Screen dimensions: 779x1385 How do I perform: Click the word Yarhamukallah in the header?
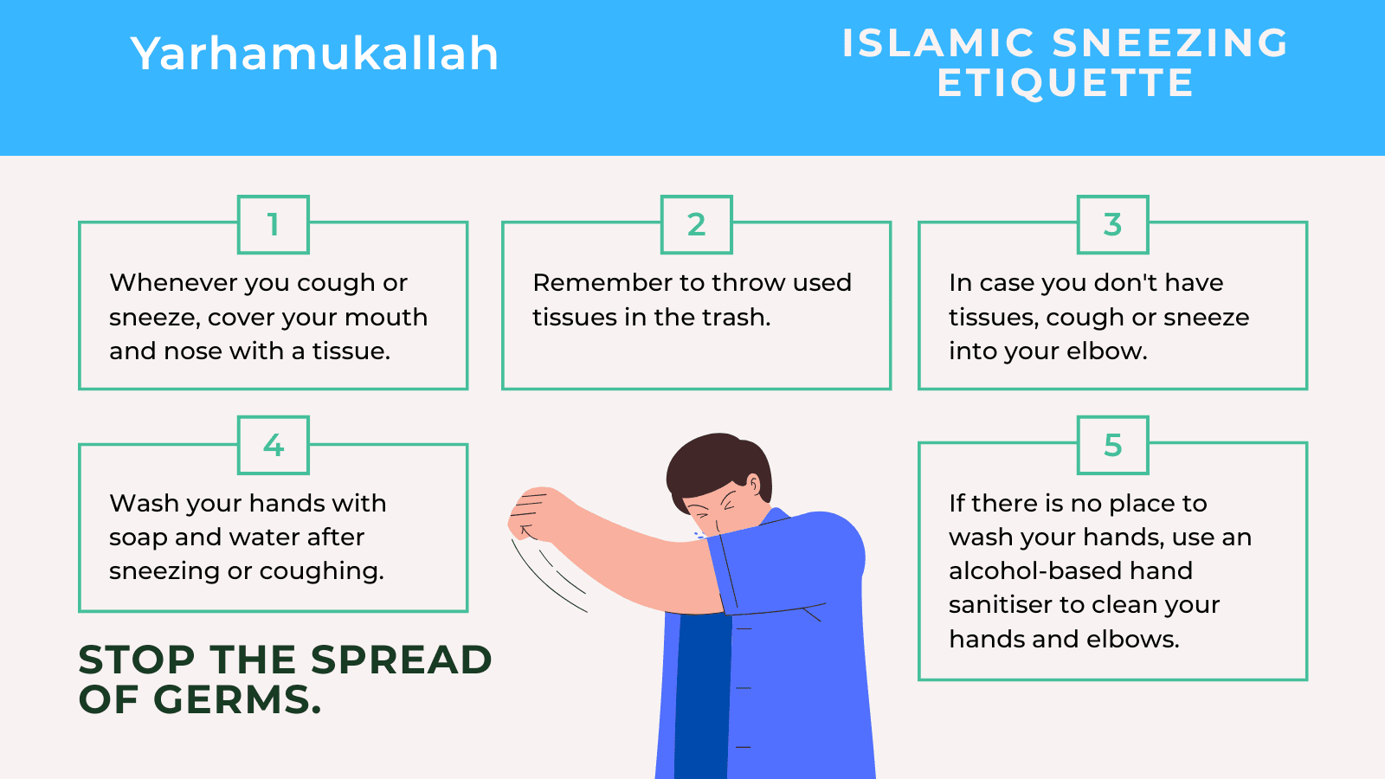(314, 54)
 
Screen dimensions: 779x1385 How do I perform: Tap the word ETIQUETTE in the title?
(1065, 84)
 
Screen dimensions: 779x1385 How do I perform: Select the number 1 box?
(274, 225)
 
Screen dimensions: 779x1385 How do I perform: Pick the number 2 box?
(697, 225)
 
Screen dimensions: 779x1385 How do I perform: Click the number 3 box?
(1112, 225)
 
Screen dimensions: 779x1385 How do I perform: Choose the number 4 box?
(274, 446)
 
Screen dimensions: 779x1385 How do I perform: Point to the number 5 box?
(1112, 446)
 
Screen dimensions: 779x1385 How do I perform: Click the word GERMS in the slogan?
(237, 700)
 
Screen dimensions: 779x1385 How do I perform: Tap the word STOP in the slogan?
(137, 660)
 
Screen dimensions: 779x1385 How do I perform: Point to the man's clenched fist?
(530, 511)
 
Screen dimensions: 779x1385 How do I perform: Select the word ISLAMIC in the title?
(938, 43)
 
